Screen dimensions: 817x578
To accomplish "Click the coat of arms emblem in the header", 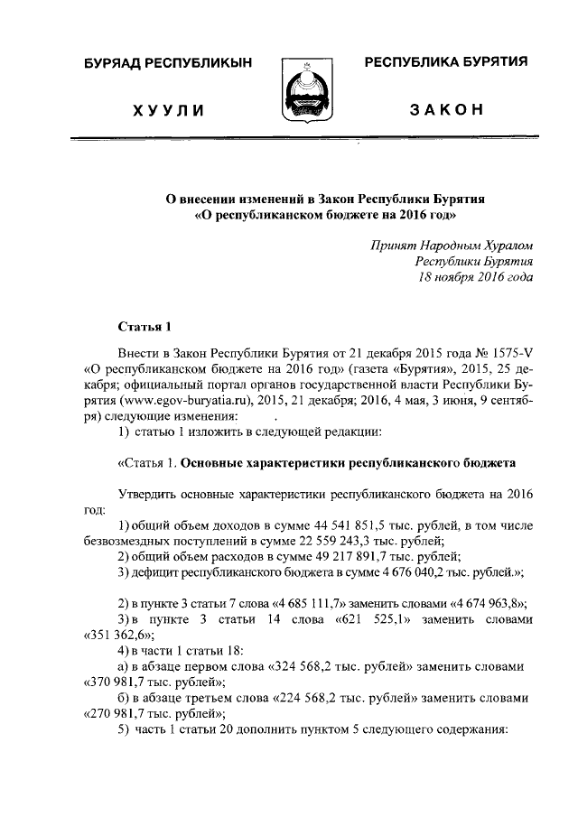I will [x=306, y=90].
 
